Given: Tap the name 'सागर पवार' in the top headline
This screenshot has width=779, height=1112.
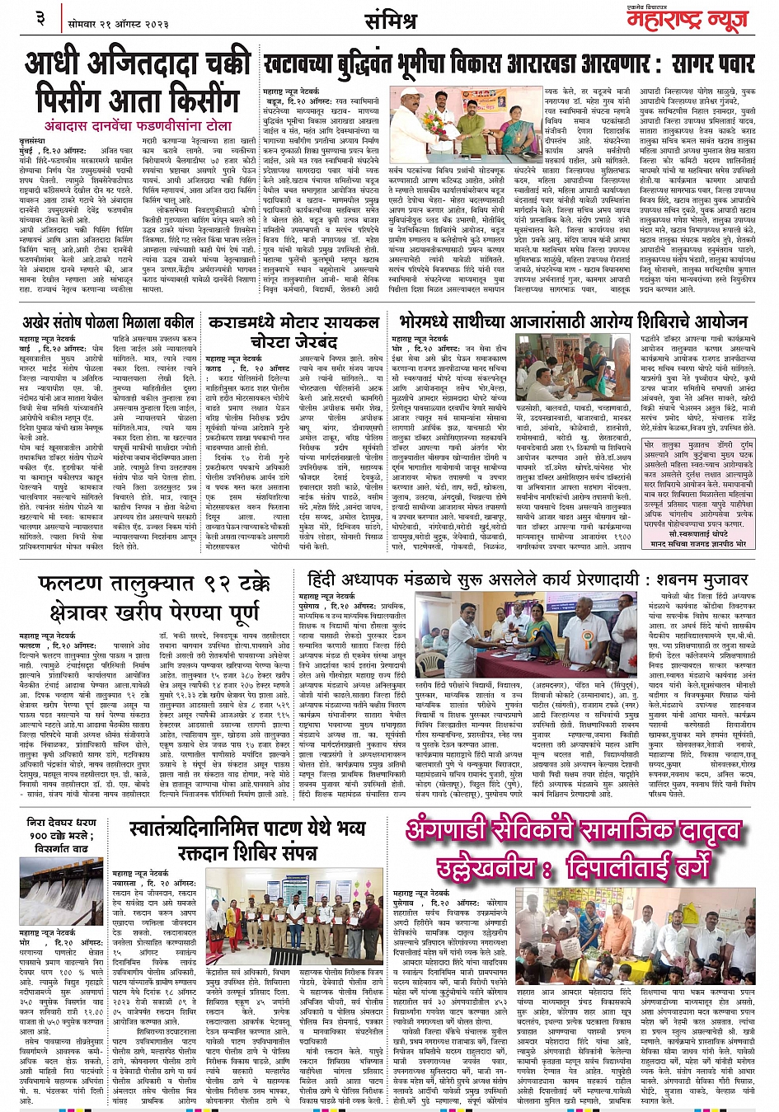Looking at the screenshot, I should pyautogui.click(x=702, y=62).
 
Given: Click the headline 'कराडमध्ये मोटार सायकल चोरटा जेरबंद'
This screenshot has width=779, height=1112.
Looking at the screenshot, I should pyautogui.click(x=293, y=330).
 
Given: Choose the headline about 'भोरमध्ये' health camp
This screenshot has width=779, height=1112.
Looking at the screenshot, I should pyautogui.click(x=570, y=320).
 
